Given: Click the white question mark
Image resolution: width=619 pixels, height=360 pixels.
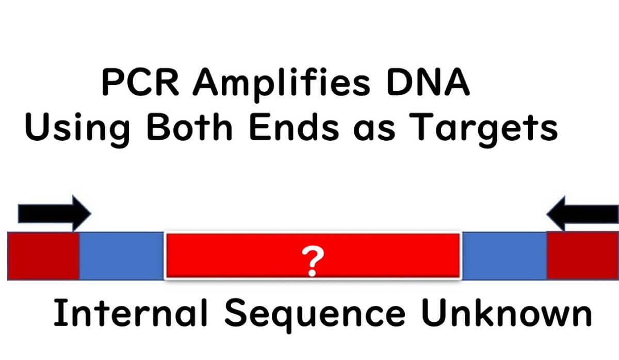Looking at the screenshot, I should pos(312,261).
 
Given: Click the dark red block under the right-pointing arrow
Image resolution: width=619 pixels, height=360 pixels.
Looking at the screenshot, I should pos(43,256).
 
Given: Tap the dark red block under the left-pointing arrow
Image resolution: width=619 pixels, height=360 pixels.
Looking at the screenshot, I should pos(582,256).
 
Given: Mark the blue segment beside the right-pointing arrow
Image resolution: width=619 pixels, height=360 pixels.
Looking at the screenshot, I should pos(122,256).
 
